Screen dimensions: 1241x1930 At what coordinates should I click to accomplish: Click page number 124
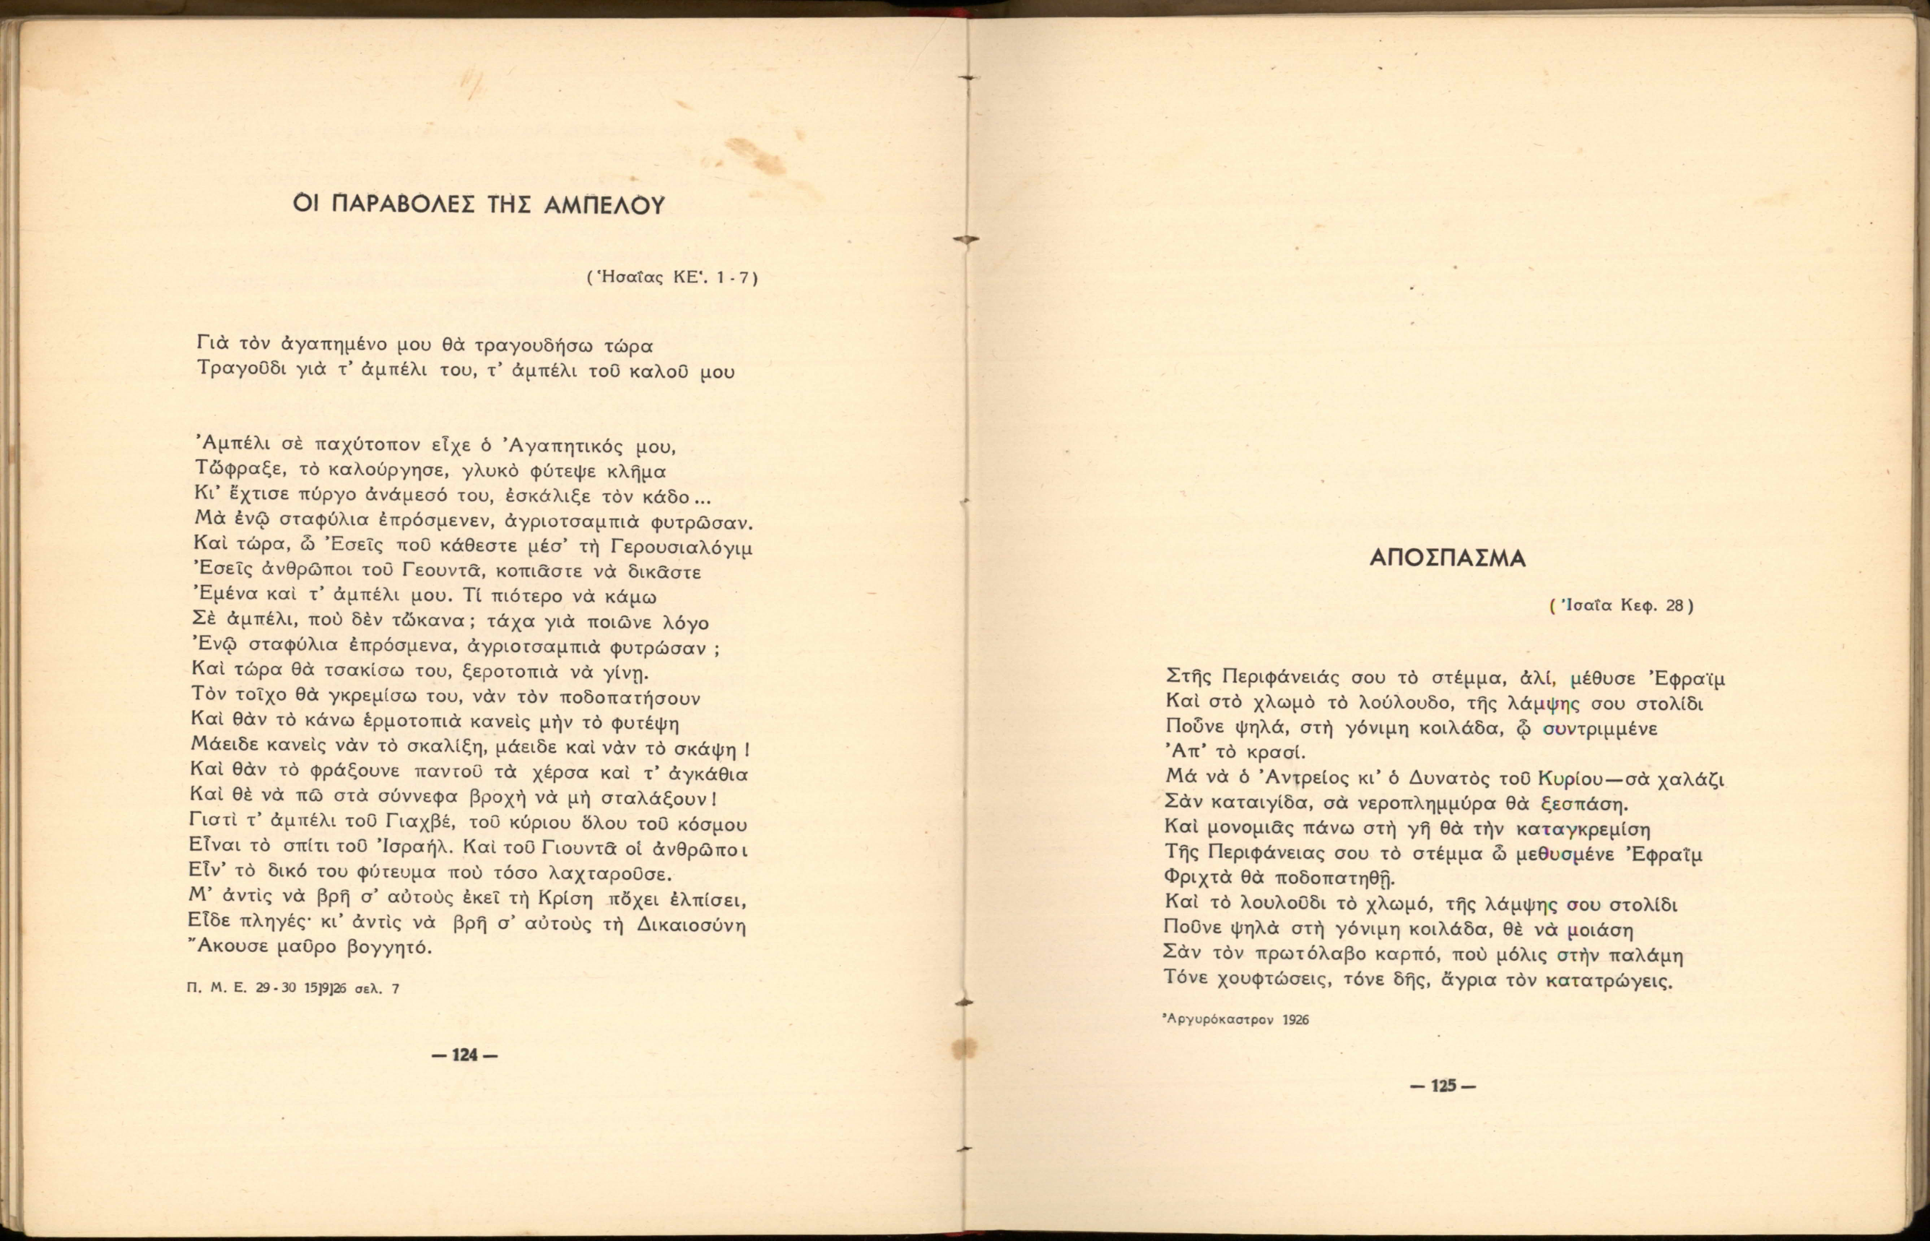(465, 1056)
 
